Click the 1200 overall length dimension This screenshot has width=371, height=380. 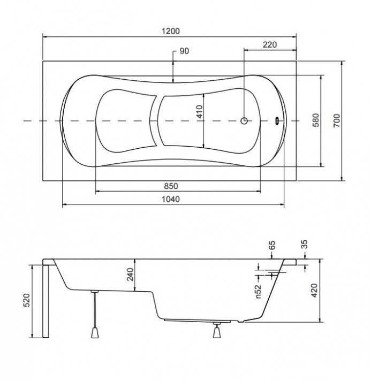tap(171, 31)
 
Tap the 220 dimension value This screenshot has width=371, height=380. tap(269, 44)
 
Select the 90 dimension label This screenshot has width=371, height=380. tap(184, 51)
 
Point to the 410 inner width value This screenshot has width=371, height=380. tap(200, 111)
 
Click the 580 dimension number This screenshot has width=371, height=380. tap(316, 120)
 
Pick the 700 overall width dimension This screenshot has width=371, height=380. tap(337, 120)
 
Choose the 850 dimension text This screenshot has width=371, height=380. tap(171, 186)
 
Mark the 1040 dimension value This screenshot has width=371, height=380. tap(171, 199)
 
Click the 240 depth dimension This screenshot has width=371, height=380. tap(130, 274)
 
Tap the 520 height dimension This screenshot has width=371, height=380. tap(27, 300)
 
